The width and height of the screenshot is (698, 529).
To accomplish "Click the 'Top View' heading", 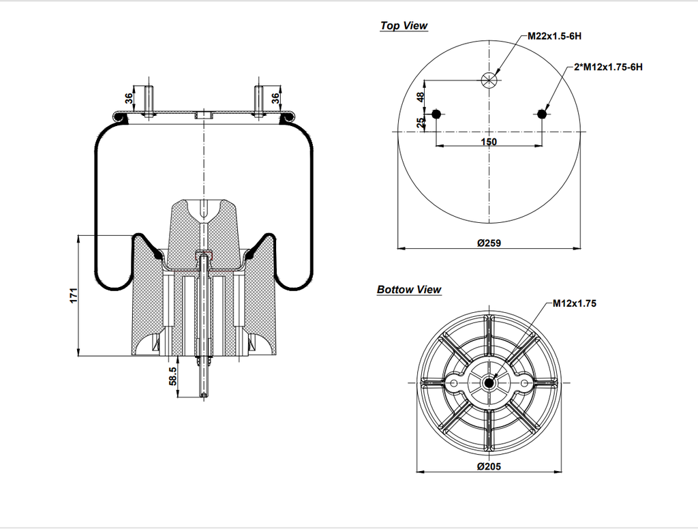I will click(404, 26).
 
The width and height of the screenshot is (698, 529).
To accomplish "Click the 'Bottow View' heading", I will click(409, 290).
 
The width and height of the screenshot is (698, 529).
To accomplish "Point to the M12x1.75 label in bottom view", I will click(574, 303).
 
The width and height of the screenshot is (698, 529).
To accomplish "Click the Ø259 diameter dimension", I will click(489, 243).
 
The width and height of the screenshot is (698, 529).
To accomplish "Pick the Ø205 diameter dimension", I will click(489, 466).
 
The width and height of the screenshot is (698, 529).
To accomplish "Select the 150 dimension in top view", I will click(488, 142).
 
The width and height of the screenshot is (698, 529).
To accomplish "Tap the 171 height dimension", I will click(74, 295).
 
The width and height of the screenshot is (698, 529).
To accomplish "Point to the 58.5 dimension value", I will click(172, 376).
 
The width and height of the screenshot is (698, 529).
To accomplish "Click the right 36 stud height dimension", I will click(275, 99).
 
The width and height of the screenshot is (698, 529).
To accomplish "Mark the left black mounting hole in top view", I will click(437, 114).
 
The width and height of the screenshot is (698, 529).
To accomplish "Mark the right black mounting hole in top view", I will click(542, 114).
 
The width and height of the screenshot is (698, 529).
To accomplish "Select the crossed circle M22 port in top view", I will click(489, 80).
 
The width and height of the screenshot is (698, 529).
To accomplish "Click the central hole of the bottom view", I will click(489, 384).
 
